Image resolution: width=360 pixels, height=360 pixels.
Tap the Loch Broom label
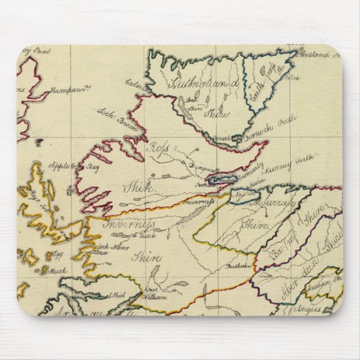point(118,121)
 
